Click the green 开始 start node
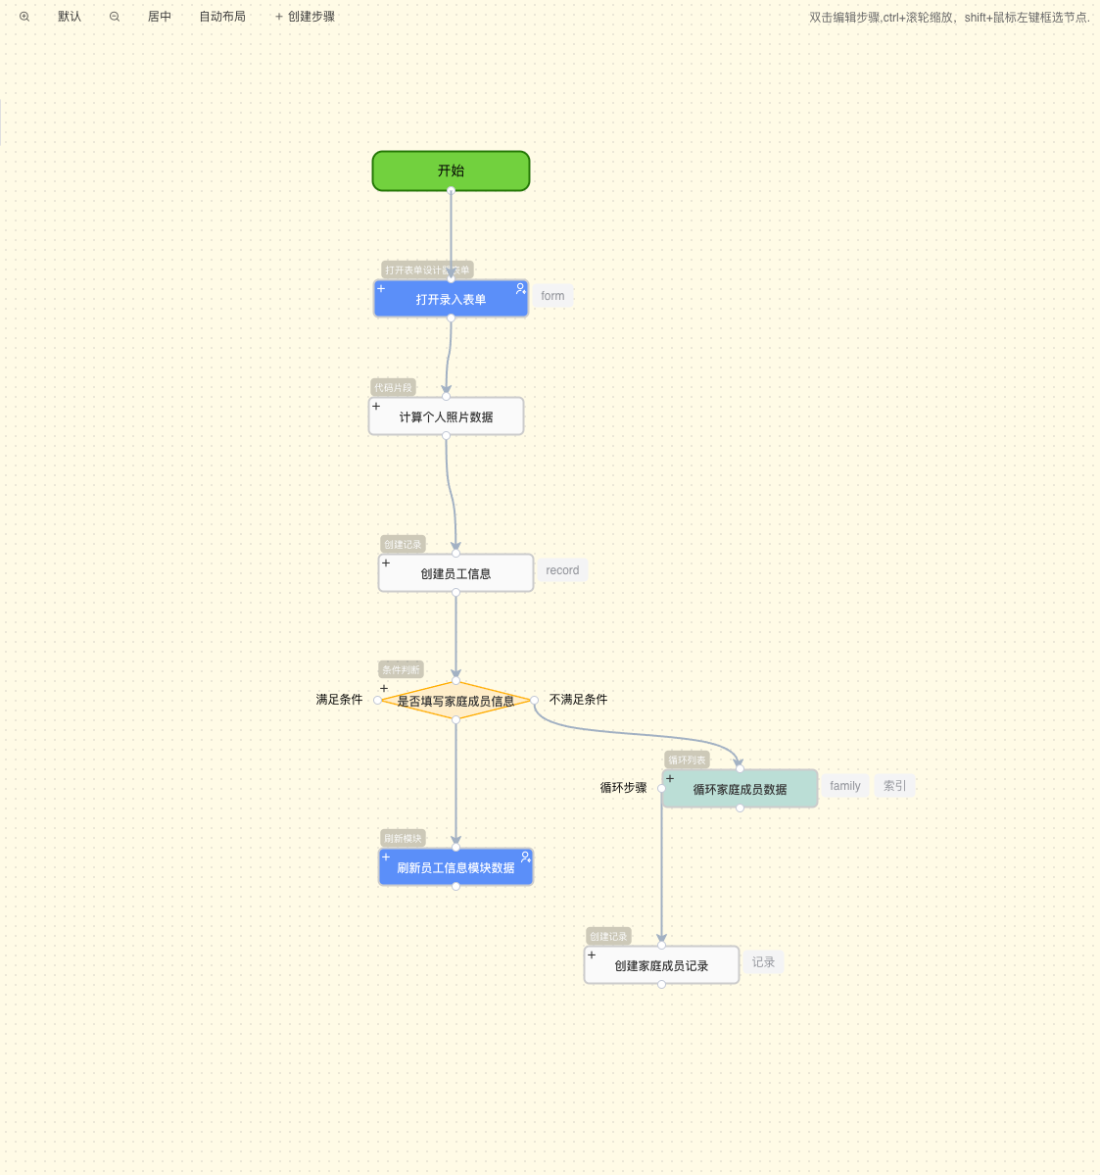(451, 171)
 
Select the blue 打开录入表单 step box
(451, 299)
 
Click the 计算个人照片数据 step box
(446, 416)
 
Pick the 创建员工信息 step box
(455, 573)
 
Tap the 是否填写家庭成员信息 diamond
(455, 701)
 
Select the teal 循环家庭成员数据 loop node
(740, 789)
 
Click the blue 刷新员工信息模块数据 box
(455, 867)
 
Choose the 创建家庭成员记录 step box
(661, 965)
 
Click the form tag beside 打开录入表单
(552, 296)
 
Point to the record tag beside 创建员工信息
(562, 570)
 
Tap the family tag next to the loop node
(844, 786)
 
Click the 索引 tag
(894, 786)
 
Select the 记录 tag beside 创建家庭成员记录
(763, 962)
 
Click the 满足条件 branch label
(339, 700)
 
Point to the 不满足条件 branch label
(578, 700)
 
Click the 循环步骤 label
(623, 788)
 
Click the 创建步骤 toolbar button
(306, 17)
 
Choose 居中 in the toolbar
(160, 17)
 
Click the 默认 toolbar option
(70, 17)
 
